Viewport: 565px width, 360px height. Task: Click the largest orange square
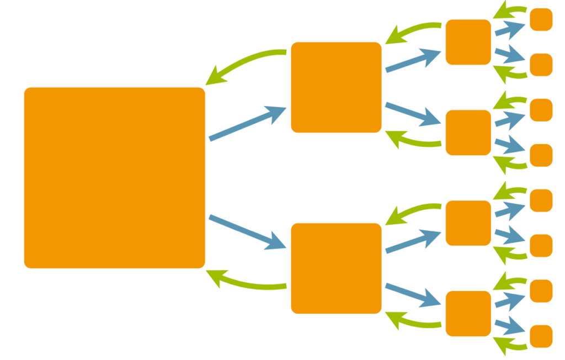(114, 178)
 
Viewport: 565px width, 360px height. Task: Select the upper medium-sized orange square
(336, 87)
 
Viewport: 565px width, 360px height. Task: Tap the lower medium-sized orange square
(336, 268)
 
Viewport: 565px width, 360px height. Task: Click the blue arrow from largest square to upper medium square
(247, 123)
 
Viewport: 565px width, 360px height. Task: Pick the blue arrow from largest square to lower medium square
(247, 232)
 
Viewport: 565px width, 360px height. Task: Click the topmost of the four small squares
(468, 42)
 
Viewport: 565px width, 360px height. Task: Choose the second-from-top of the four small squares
(468, 133)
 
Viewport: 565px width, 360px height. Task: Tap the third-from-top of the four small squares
(468, 223)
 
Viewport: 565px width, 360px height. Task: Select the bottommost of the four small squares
(468, 314)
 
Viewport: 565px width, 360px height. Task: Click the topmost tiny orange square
(541, 19)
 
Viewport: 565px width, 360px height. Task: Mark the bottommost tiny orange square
(541, 336)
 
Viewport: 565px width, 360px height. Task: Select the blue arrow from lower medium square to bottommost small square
(413, 294)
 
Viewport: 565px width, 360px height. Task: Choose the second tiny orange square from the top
(541, 65)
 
